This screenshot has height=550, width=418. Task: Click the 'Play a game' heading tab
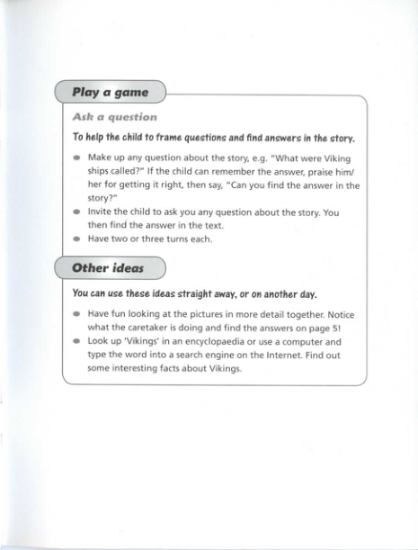110,92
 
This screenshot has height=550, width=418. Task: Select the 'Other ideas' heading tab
107,268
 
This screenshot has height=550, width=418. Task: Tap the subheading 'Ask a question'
114,117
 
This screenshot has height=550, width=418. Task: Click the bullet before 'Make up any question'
77,158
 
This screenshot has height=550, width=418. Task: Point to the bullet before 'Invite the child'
77,213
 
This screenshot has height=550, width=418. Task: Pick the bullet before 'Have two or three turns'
77,240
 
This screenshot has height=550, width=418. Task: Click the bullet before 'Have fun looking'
77,314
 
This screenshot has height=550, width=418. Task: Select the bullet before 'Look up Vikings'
77,343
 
